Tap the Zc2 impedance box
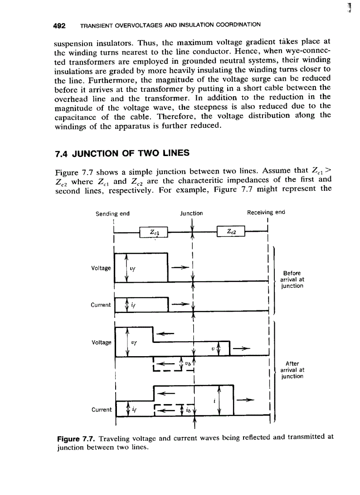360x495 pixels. click(231, 232)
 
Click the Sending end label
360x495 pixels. click(112, 213)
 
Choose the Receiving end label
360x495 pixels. click(266, 212)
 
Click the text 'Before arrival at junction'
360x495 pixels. click(292, 279)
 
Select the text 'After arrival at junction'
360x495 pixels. click(292, 370)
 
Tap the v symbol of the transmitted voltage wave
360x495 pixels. click(213, 348)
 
